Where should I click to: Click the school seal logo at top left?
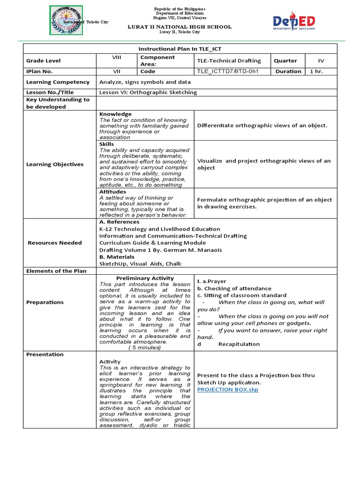coord(66,21)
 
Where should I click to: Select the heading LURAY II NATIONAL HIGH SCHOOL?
coord(180,27)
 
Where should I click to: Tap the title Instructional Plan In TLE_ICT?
coord(180,49)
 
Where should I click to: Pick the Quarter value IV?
coord(321,60)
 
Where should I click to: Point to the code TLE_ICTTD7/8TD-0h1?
coord(228,71)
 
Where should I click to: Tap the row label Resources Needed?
coord(54,243)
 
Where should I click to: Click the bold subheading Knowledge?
coord(115,114)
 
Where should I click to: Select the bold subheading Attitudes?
coord(112,192)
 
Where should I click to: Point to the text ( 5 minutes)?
coord(144,347)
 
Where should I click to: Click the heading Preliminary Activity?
coord(145,278)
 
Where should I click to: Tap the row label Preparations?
coord(45,302)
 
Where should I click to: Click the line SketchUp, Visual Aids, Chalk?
coord(140,264)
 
